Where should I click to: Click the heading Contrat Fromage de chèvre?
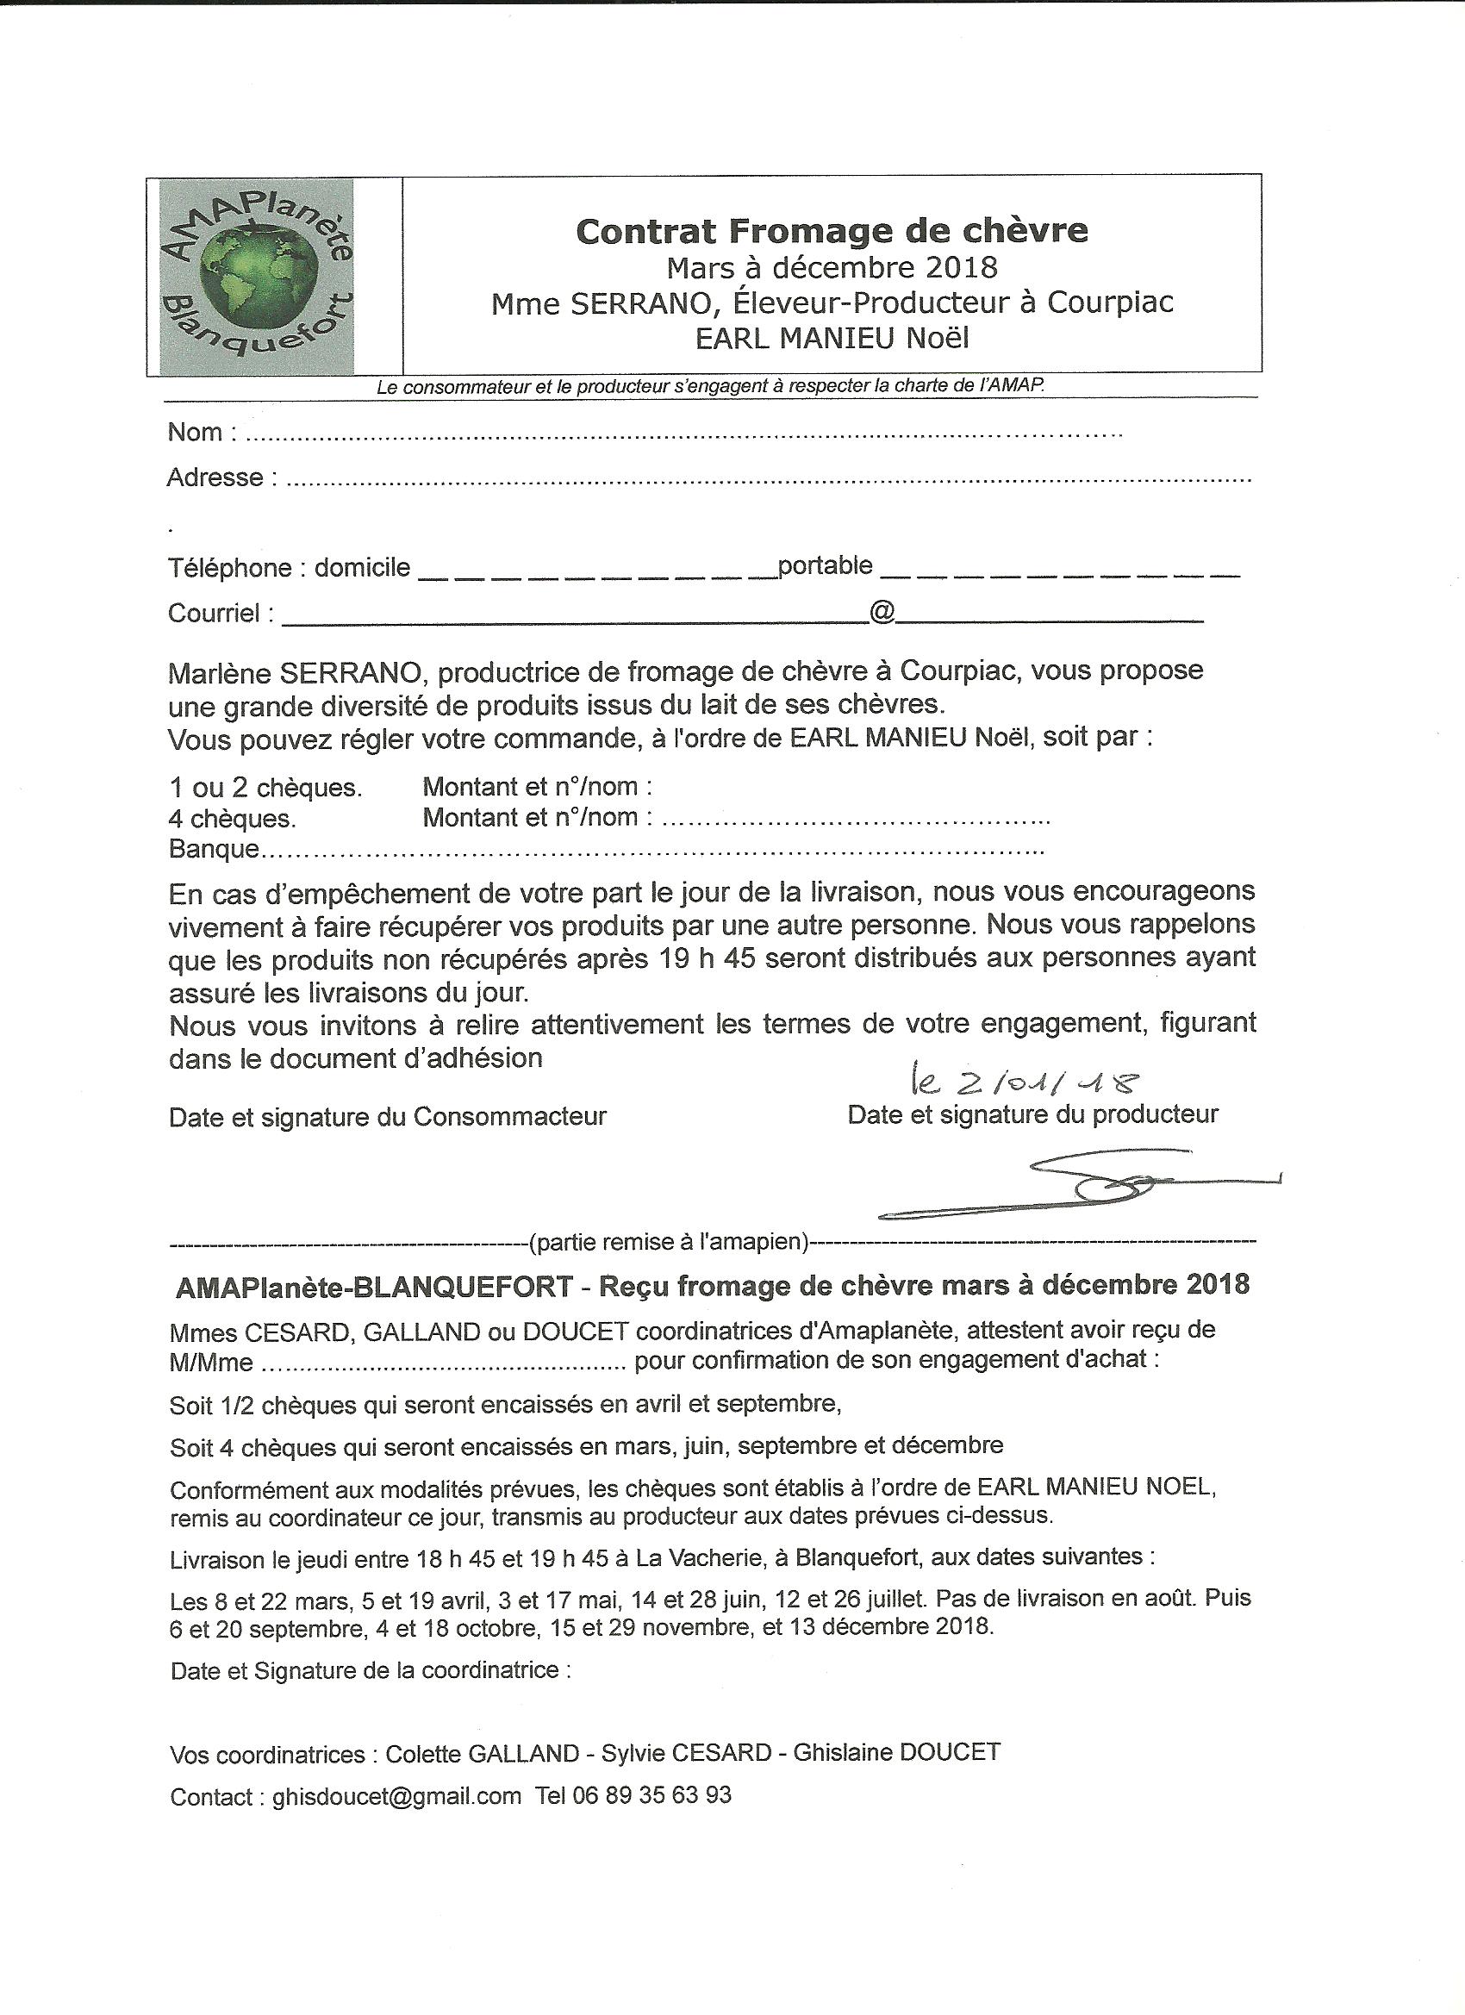832,231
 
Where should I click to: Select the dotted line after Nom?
683,435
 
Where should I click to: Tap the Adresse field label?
216,478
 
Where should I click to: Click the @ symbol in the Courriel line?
882,611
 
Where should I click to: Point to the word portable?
825,565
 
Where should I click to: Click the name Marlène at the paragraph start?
220,671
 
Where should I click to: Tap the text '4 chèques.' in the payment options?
233,817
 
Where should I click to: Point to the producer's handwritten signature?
1080,1185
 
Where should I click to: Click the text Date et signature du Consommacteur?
387,1117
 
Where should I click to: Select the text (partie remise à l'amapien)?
668,1242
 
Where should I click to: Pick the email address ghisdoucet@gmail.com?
397,1795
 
